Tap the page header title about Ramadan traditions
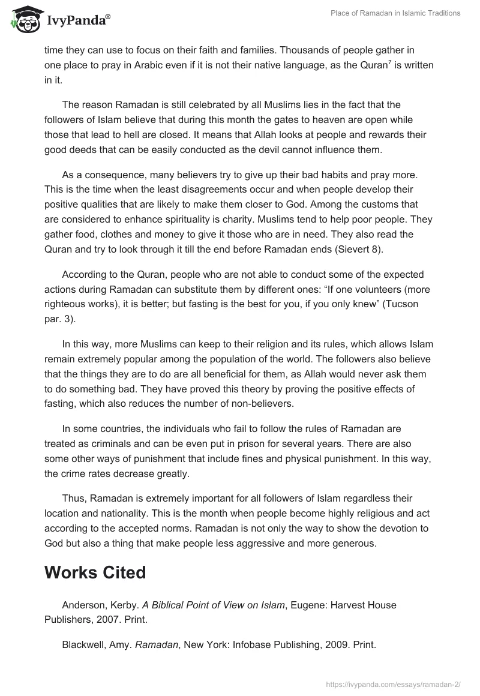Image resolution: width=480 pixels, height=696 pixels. (396, 14)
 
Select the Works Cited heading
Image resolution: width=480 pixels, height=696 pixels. (95, 572)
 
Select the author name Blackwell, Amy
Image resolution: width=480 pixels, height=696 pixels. (96, 644)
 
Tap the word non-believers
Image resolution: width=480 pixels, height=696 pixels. (262, 403)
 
